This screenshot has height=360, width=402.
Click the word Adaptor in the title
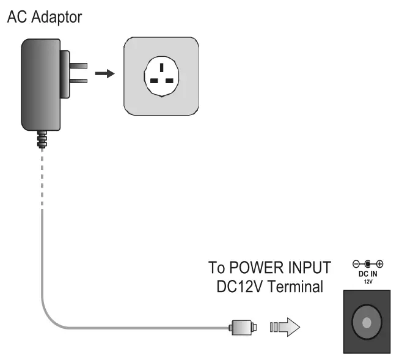[x=57, y=18]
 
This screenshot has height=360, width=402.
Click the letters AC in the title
[x=16, y=17]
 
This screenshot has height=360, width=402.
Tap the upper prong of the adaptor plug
[x=78, y=65]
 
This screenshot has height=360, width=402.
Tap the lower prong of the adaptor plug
[x=78, y=81]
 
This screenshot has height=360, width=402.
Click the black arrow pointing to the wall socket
[x=105, y=73]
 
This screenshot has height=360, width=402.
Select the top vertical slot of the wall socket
[x=161, y=67]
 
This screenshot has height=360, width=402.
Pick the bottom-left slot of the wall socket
[x=154, y=81]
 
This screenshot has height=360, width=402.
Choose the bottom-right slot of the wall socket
[x=169, y=81]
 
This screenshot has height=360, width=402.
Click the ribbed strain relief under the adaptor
[x=42, y=139]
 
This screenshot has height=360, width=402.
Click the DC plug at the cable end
[x=243, y=328]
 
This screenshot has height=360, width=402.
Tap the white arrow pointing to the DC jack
[x=285, y=327]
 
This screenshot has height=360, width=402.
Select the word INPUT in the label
[x=310, y=268]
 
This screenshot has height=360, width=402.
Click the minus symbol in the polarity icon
[x=356, y=264]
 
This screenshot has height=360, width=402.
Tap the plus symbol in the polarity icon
[x=379, y=264]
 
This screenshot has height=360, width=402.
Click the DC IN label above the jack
[x=368, y=274]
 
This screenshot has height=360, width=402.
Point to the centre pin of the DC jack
[x=367, y=323]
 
